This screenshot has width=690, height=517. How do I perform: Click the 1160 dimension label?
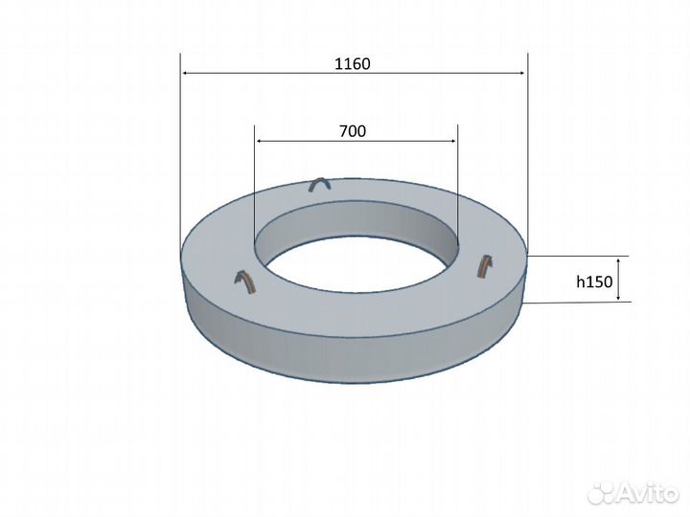pos(353,64)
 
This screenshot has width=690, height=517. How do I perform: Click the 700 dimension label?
pos(353,131)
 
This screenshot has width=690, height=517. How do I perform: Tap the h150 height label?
pos(594,281)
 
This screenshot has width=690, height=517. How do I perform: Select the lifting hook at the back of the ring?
pos(321,184)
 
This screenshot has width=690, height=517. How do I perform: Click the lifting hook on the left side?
pos(244,281)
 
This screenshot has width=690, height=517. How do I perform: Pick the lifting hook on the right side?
pos(485,265)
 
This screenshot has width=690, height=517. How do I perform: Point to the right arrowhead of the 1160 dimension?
pos(521,73)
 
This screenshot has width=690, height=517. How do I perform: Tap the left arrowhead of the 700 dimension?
pos(260,141)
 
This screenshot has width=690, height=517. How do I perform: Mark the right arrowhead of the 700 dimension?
pos(452,141)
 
